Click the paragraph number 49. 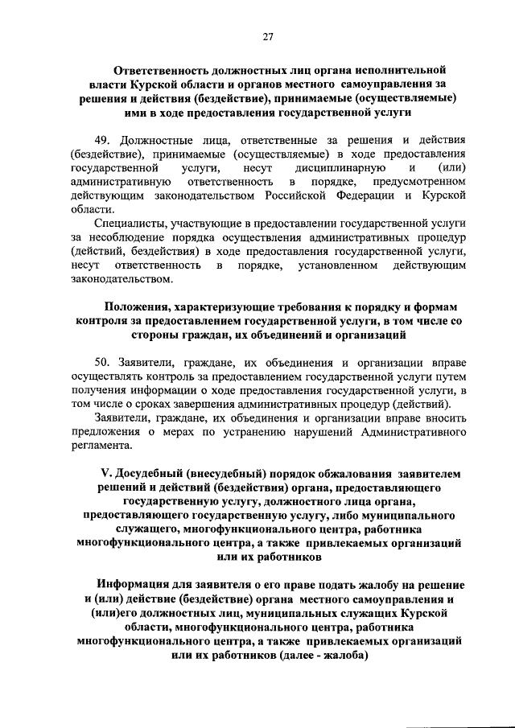[103, 138]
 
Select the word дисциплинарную [336, 167]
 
